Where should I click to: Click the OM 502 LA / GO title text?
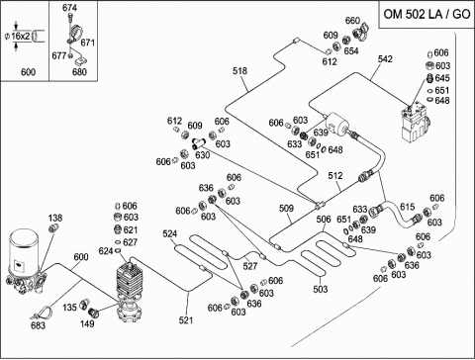427,15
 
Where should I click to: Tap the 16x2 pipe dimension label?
21,37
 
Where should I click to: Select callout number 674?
69,8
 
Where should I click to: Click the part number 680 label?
79,72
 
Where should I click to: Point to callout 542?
385,59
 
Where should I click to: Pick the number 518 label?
239,71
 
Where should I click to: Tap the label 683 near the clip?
38,325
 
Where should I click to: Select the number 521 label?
186,319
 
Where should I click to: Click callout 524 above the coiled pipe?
170,233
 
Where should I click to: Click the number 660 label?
352,21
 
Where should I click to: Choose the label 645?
442,78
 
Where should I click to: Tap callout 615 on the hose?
408,207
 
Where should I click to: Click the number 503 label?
321,289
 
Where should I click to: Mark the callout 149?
87,323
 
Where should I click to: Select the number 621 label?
131,229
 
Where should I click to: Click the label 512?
335,176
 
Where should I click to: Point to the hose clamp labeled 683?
44,313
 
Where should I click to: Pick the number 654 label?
351,50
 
